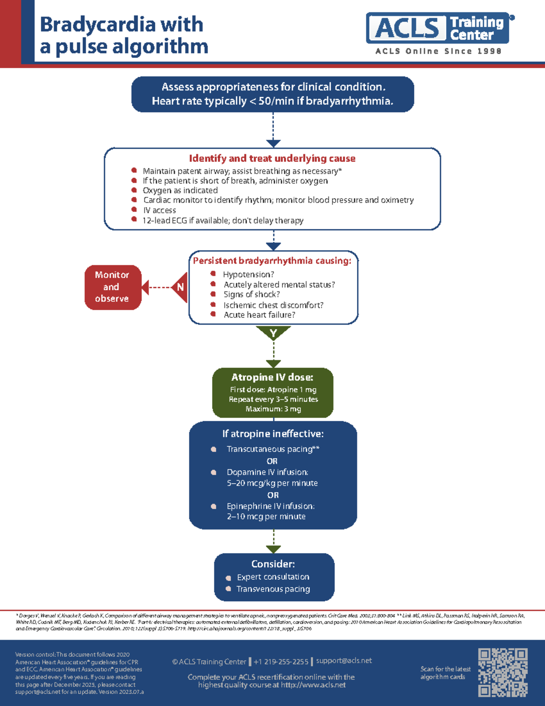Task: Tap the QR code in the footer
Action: pyautogui.click(x=502, y=672)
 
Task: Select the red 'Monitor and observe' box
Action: pyautogui.click(x=113, y=287)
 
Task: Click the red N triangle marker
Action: pyautogui.click(x=180, y=287)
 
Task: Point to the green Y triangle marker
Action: pyautogui.click(x=273, y=333)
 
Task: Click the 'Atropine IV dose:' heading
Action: pyautogui.click(x=272, y=377)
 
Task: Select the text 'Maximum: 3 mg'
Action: pyautogui.click(x=273, y=409)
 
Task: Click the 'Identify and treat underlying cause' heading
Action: pyautogui.click(x=272, y=159)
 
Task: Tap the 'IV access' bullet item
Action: pyautogui.click(x=159, y=210)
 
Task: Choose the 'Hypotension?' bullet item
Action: pyautogui.click(x=248, y=275)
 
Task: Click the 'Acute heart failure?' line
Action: pyautogui.click(x=259, y=315)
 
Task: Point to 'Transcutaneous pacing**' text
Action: pyautogui.click(x=273, y=449)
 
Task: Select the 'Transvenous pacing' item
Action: pyautogui.click(x=273, y=589)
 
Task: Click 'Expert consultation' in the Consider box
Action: pyautogui.click(x=273, y=577)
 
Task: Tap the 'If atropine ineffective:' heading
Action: pyautogui.click(x=273, y=434)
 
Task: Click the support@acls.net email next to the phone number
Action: pyautogui.click(x=344, y=661)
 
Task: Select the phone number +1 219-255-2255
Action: pyautogui.click(x=281, y=662)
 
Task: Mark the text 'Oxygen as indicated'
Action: pyautogui.click(x=180, y=190)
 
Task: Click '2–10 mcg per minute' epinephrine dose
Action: pyautogui.click(x=266, y=516)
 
